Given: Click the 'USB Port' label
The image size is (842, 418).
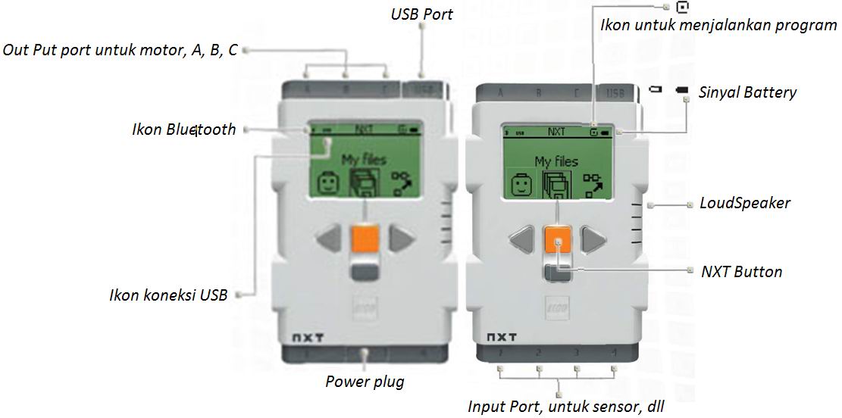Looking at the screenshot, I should coord(421,14).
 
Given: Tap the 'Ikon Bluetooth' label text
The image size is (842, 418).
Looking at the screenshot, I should coord(183,129).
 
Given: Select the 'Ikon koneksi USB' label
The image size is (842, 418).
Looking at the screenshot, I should coord(167,295).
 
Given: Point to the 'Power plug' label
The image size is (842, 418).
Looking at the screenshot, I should coord(365,382).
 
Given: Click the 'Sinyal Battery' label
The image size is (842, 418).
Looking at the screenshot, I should coord(747,92).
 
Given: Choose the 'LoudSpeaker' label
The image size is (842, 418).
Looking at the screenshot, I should coord(744,203).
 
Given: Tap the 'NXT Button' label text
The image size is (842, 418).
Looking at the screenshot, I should coord(742,271).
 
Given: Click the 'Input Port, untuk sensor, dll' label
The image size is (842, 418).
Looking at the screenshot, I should coord(565,407).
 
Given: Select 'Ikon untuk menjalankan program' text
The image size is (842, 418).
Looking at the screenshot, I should coord(718,25).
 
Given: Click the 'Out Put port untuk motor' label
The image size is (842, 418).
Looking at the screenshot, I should coord(121,50).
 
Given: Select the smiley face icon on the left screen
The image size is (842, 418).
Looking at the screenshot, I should coord(326,183).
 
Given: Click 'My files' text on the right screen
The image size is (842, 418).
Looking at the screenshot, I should coord(556,161).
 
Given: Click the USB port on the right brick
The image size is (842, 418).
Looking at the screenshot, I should coord(615,94).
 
